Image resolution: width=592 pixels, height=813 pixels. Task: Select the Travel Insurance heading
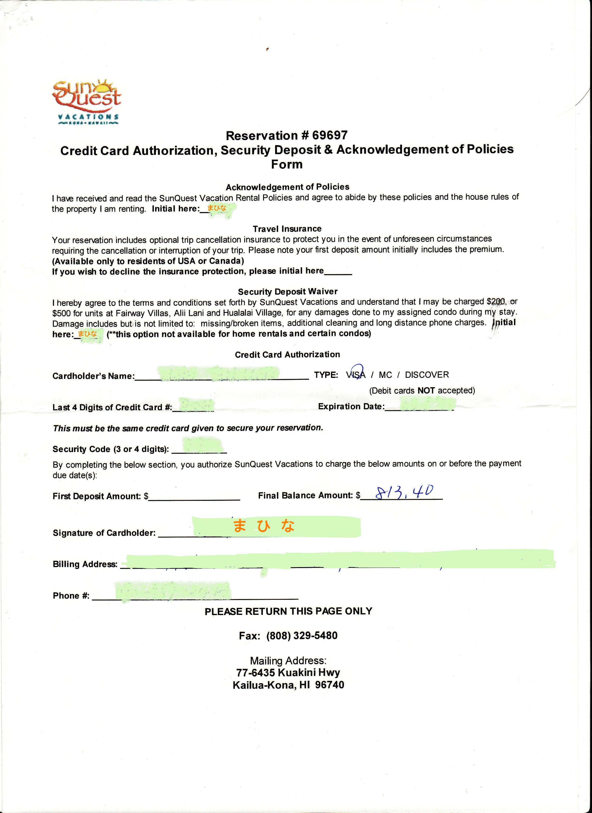[287, 229]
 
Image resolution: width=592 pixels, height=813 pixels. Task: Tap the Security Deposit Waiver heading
[288, 291]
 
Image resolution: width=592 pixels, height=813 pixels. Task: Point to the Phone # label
[71, 596]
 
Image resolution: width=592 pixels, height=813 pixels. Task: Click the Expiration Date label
[351, 406]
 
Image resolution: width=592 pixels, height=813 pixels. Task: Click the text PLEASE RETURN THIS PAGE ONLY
[289, 611]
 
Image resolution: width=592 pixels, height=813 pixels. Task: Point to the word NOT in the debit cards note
[426, 390]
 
